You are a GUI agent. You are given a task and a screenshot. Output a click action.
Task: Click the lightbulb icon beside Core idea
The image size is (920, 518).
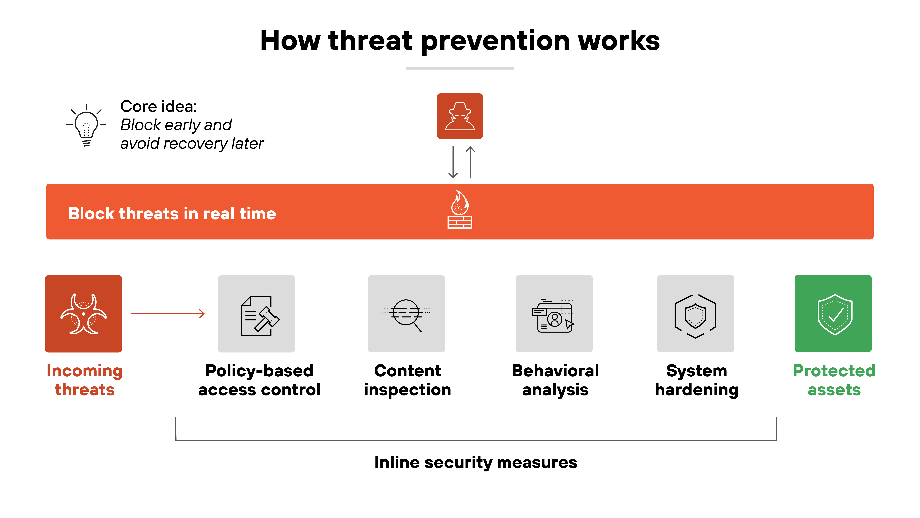(x=86, y=125)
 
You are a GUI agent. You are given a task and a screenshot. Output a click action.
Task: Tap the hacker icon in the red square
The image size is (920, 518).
(x=460, y=116)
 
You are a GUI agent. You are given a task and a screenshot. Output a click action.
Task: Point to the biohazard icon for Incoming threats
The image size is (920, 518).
(x=84, y=314)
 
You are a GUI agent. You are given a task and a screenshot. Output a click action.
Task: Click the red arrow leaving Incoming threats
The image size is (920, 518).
(x=168, y=314)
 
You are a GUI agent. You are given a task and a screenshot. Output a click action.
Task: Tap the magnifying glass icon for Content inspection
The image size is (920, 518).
(x=406, y=314)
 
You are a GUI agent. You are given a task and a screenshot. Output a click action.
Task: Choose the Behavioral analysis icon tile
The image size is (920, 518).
(x=554, y=314)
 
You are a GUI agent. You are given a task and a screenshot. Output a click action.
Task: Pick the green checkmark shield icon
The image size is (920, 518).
(x=835, y=314)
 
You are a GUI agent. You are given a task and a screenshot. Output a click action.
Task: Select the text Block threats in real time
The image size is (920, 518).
(x=172, y=214)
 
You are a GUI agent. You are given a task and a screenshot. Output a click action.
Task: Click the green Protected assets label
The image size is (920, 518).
(x=834, y=380)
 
